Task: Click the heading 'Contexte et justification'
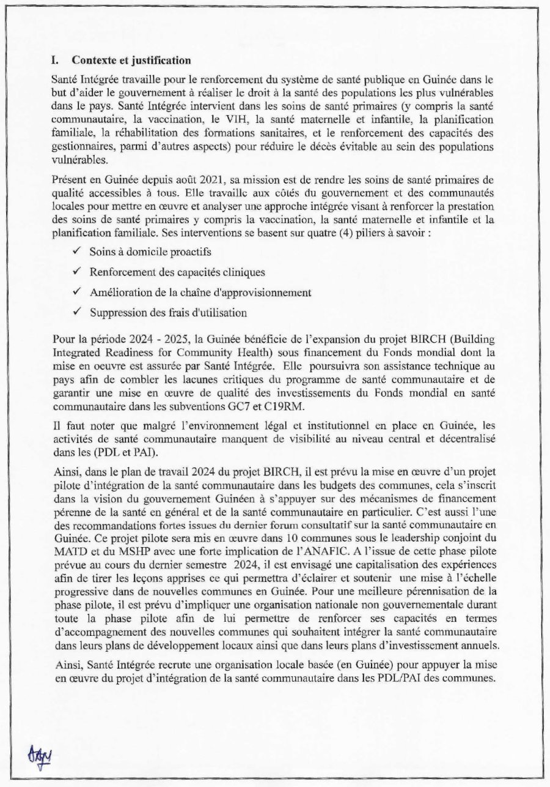point(131,61)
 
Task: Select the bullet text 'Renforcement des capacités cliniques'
point(177,272)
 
